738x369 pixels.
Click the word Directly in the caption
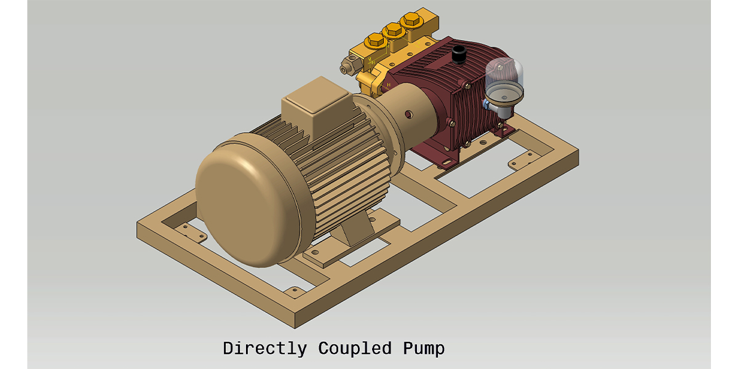tap(264, 348)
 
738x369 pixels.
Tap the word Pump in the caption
tap(424, 348)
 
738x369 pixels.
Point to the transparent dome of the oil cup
tap(503, 75)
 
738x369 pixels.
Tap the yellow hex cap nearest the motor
tap(373, 43)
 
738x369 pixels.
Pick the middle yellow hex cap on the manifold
tap(391, 30)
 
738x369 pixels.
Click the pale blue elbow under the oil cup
tap(488, 106)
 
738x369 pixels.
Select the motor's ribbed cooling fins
tap(344, 166)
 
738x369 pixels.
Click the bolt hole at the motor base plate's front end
tap(314, 253)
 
